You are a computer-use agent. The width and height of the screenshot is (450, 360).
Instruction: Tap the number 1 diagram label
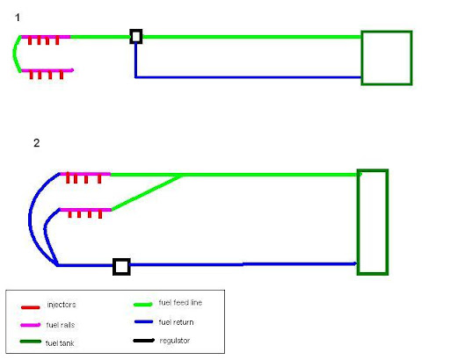point(18,18)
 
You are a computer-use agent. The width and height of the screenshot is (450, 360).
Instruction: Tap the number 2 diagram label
point(37,143)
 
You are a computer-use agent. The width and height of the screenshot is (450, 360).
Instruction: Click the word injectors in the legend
point(62,305)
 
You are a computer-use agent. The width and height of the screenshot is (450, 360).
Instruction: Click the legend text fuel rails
point(61,325)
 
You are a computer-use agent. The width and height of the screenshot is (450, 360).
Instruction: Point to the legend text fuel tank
point(60,343)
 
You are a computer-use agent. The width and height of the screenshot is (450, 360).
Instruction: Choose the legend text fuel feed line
point(180,302)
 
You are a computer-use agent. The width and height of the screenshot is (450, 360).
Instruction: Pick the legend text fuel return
point(176,322)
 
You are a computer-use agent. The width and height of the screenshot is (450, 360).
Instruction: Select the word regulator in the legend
point(175,341)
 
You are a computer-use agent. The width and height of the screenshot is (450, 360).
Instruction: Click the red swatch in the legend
point(31,307)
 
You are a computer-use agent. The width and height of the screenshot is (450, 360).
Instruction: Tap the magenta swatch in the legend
point(30,325)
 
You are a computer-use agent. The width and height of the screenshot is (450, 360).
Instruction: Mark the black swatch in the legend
point(144,341)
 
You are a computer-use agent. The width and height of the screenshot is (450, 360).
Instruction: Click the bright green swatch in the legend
point(143,305)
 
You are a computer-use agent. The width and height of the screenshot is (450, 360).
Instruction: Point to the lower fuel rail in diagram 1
point(47,70)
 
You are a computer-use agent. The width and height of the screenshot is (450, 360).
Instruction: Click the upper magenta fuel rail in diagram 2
point(85,174)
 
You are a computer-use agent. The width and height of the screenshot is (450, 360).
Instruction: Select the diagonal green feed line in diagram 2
point(147,192)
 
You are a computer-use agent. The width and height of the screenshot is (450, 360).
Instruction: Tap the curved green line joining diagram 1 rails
point(14,54)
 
